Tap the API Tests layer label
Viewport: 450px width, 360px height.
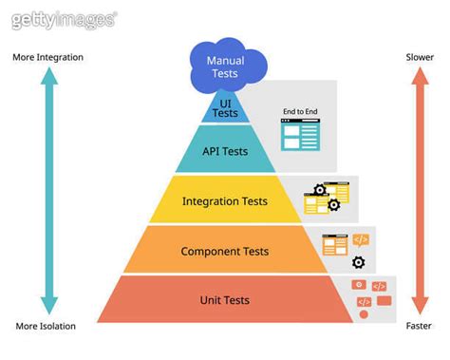[225, 151]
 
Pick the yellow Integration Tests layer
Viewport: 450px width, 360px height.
[225, 201]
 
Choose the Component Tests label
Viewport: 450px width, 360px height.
[225, 252]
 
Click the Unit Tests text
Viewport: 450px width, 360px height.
[225, 300]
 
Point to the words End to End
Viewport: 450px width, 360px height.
[300, 112]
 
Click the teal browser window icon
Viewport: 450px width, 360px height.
[300, 136]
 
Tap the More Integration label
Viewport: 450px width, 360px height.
[47, 57]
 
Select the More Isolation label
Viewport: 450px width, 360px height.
[46, 326]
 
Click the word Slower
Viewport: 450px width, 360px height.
[420, 57]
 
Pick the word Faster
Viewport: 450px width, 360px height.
[420, 326]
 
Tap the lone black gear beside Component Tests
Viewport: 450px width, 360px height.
[358, 262]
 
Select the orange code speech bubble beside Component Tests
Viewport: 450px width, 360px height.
[360, 239]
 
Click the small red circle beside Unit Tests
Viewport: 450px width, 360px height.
[364, 314]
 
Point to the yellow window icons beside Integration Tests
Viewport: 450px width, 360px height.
[317, 199]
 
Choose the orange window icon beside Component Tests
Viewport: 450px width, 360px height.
[334, 245]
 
